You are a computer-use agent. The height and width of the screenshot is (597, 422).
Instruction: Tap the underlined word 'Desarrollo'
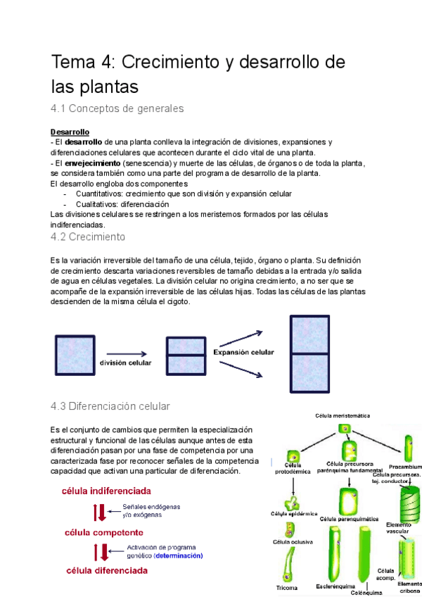pos(70,132)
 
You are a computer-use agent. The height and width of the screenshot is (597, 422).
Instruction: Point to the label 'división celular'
pos(126,363)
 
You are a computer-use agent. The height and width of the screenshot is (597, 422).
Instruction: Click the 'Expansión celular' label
pos(243,352)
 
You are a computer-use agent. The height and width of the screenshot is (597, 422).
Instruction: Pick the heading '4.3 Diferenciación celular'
pos(110,406)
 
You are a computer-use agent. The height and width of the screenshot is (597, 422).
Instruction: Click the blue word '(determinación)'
pos(179,555)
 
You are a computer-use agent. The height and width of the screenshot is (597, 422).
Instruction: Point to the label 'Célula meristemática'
pos(343,416)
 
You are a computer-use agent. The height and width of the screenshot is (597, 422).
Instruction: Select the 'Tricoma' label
pos(287,587)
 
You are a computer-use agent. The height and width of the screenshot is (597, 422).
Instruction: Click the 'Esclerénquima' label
pos(335,586)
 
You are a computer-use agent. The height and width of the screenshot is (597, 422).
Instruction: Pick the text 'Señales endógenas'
pos(152,505)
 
